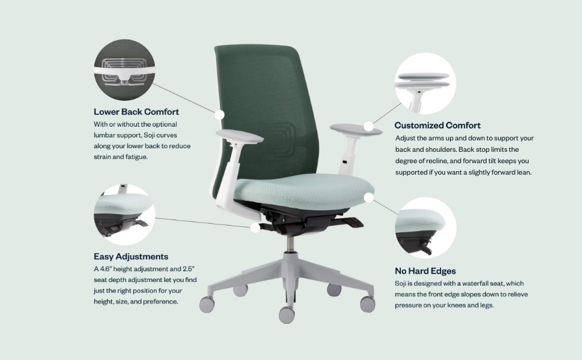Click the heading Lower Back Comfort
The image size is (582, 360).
coord(136,112)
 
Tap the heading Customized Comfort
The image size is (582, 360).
coord(437,125)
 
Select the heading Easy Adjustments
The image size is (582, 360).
coord(131,256)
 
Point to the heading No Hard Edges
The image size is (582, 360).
coord(425,271)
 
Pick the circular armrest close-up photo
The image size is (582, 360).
coord(425,83)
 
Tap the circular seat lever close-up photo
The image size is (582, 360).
coord(124,215)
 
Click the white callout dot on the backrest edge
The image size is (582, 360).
coord(220,113)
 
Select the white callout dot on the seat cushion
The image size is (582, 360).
coord(369,197)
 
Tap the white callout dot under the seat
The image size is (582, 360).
coord(256,227)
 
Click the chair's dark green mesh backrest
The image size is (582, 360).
coord(264,102)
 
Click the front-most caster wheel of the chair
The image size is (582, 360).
coord(287,313)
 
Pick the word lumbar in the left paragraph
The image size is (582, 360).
coord(105,135)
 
